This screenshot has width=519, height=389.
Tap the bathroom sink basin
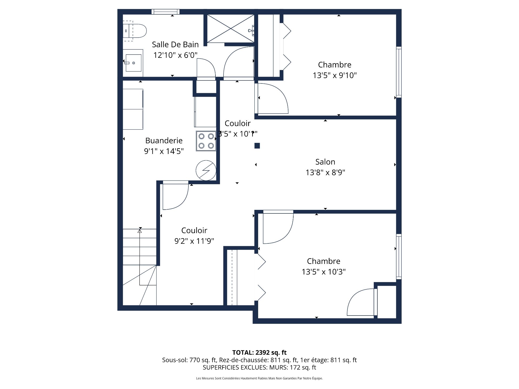134,63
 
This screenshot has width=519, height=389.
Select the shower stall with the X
231,28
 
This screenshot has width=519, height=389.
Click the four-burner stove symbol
206,141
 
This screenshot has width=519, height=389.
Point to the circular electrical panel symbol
206,170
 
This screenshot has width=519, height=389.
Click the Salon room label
325,162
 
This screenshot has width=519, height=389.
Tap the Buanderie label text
164,140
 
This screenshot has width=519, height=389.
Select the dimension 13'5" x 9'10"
335,75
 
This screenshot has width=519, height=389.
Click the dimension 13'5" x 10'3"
324,272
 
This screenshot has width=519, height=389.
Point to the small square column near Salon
257,146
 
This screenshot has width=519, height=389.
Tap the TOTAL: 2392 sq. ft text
259,353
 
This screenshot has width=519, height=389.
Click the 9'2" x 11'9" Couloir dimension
194,241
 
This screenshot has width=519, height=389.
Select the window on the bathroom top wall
165,12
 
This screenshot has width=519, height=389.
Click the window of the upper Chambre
399,72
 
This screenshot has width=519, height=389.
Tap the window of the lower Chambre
399,257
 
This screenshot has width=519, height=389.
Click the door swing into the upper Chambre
272,99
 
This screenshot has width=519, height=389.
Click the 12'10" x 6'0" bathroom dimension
175,55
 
